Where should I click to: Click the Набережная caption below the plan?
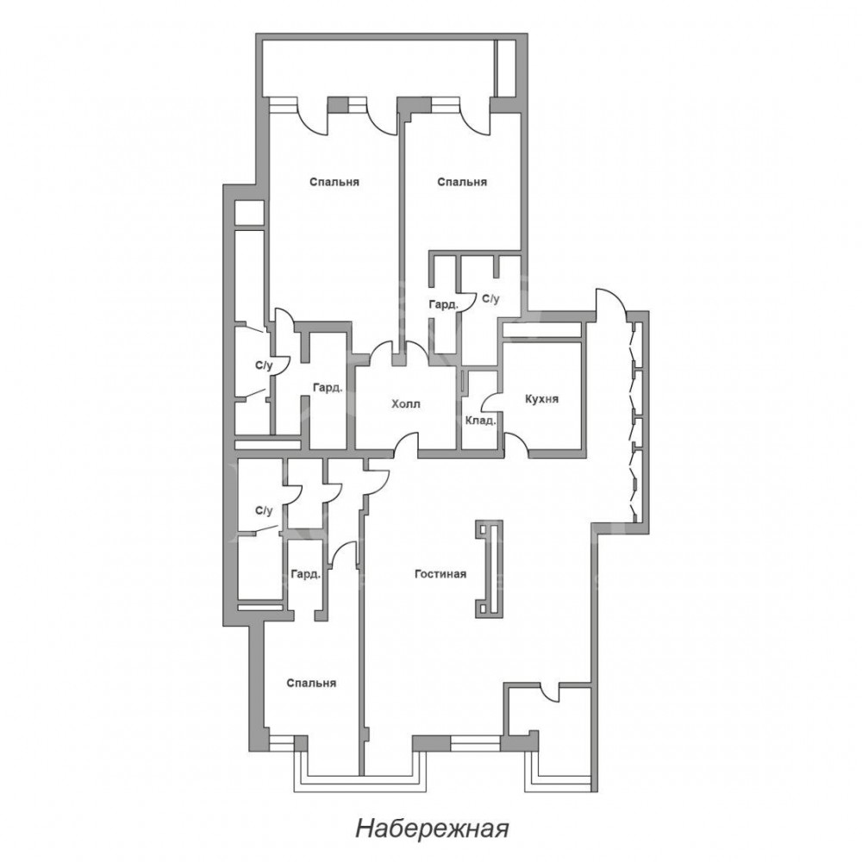(432, 828)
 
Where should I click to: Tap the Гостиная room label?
(440, 574)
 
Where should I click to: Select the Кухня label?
(541, 398)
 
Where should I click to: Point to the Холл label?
(406, 404)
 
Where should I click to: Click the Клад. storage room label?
(480, 422)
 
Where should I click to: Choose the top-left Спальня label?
(334, 182)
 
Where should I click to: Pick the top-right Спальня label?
(462, 182)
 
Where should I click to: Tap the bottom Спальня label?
(311, 684)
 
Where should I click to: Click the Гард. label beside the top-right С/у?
(443, 304)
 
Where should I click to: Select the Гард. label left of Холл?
(328, 388)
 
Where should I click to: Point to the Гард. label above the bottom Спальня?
(306, 574)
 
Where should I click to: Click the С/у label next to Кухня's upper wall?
(491, 298)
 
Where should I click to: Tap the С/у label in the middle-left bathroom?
(264, 365)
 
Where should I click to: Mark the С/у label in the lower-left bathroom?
(264, 510)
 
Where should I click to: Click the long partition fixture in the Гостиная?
(489, 568)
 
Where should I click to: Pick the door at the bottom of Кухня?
(515, 442)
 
